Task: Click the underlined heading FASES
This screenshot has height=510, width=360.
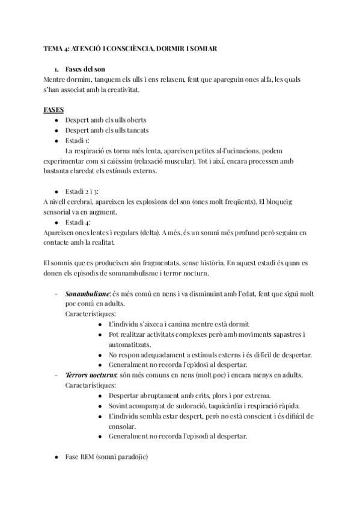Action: tap(55, 110)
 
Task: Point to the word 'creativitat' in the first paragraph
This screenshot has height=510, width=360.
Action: tap(120, 89)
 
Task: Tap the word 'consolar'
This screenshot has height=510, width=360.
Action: tap(123, 426)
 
